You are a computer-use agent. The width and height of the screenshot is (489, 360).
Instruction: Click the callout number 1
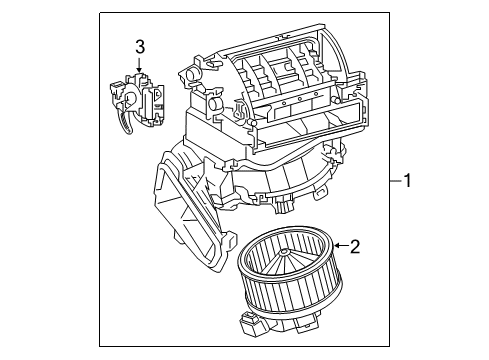[408, 180]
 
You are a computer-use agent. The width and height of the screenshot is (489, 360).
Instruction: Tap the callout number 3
[140, 46]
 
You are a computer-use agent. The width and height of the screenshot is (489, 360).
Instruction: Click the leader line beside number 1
[393, 180]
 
